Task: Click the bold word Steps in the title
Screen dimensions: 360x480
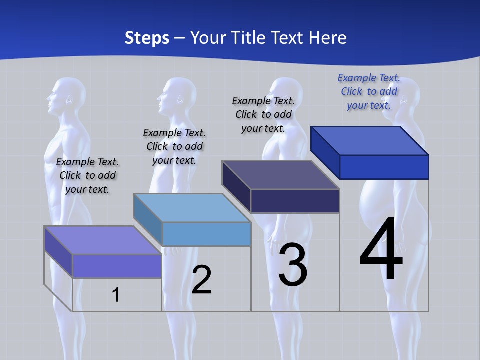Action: coord(147,38)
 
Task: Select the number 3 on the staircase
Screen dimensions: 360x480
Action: coord(293,265)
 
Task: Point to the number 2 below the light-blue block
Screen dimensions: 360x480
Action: coord(201,280)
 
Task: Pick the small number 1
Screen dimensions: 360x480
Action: coord(116,295)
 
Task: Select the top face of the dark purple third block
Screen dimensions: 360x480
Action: coord(280,175)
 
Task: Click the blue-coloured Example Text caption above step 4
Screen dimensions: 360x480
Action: coord(369,91)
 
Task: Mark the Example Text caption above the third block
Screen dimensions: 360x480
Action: coord(263,114)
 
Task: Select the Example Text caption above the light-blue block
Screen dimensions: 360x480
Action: coord(174,146)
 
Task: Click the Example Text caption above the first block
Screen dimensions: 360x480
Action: coord(87,175)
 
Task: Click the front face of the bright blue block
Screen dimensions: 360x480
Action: coord(384,167)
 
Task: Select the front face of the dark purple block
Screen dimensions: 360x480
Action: coord(295,201)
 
